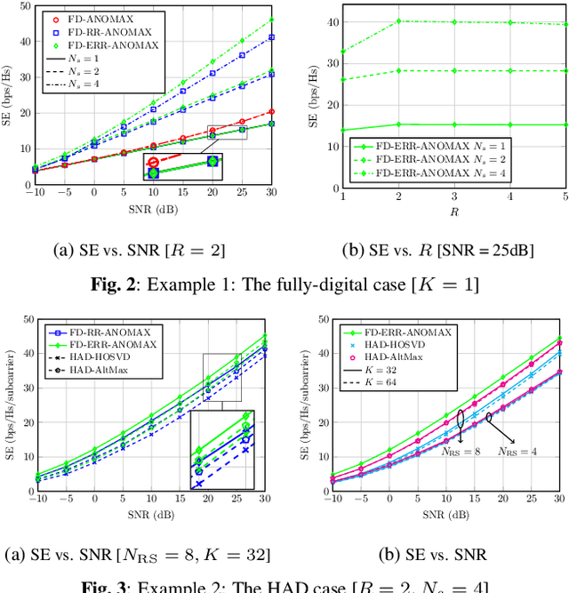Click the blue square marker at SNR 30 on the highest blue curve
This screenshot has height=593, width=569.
pyautogui.click(x=270, y=37)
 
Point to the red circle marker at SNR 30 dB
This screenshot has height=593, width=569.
pyautogui.click(x=270, y=112)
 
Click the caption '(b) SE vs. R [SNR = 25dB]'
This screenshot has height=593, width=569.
pyautogui.click(x=430, y=250)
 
